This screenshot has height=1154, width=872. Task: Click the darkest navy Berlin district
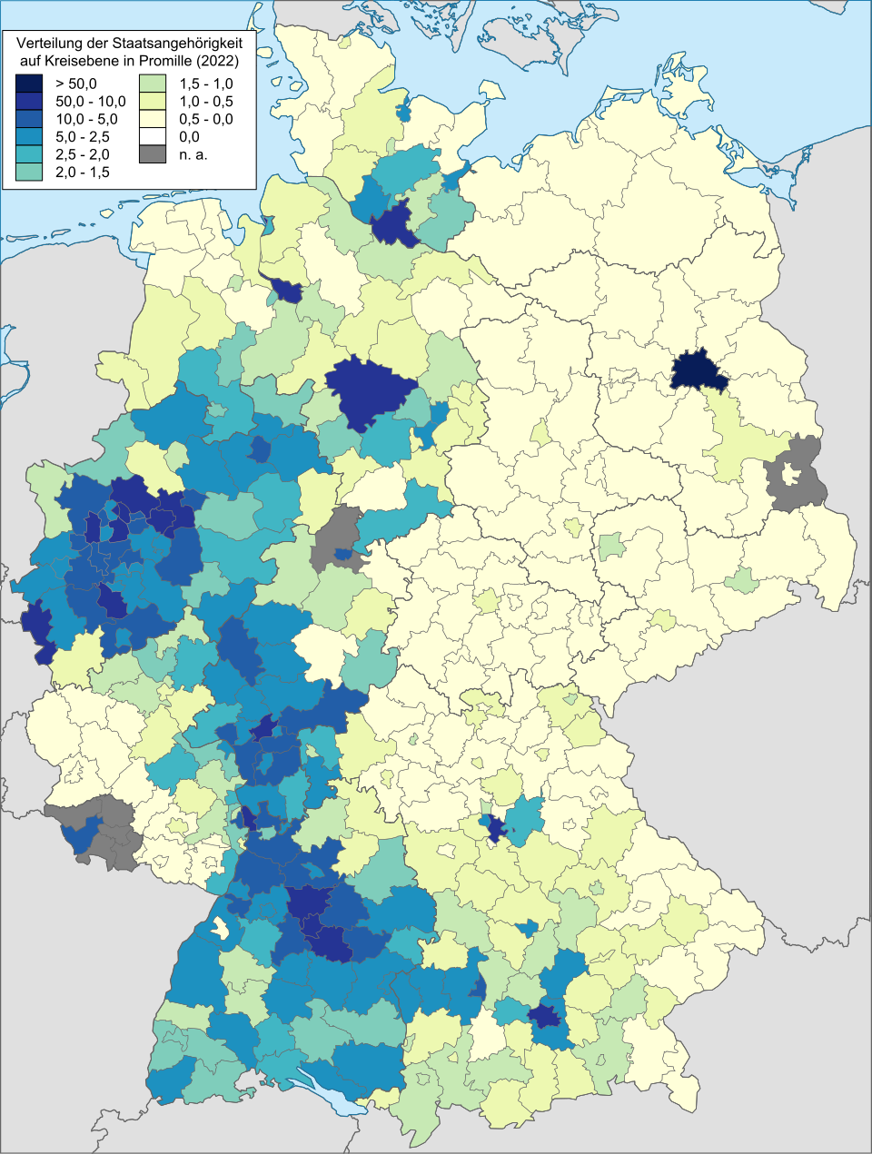(x=699, y=371)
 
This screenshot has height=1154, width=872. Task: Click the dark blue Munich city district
(x=547, y=1014)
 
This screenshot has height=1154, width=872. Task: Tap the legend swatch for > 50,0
(x=27, y=84)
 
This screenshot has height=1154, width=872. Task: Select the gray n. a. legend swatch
(x=152, y=154)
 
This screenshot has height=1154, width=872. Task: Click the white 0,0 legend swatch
(x=152, y=136)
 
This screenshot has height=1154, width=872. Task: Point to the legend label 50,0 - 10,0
(x=91, y=102)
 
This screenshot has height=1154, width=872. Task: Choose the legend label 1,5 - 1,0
(x=205, y=84)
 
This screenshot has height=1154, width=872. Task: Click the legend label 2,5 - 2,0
(x=83, y=154)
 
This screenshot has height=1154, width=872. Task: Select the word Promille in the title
(x=166, y=61)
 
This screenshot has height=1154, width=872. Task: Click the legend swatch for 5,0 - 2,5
(x=27, y=136)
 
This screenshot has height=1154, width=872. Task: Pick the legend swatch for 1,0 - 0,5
(x=152, y=102)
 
